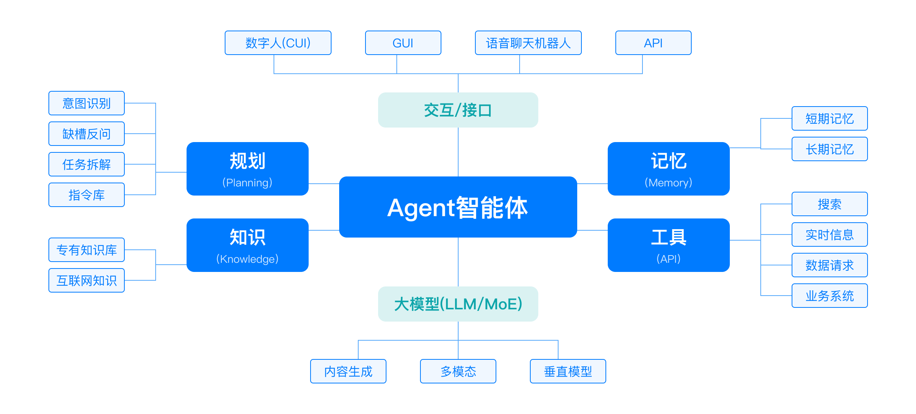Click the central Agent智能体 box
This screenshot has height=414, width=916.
[x=458, y=207]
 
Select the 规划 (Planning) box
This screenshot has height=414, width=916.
[x=248, y=169]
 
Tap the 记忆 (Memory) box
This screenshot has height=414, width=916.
[x=668, y=169]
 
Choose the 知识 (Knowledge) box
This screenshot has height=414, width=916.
[x=248, y=245]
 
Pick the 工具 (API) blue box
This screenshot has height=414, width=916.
[x=668, y=245]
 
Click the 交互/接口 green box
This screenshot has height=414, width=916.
[x=458, y=110]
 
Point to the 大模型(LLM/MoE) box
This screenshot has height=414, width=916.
[x=458, y=304]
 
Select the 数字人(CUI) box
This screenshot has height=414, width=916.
[x=278, y=43]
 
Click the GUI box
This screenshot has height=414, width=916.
[x=403, y=43]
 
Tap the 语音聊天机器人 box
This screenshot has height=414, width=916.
[x=528, y=43]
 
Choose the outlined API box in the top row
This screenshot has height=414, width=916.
[x=654, y=43]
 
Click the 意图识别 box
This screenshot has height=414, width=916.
[x=87, y=103]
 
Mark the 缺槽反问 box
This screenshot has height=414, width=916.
[x=87, y=134]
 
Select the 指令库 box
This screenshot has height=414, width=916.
[x=87, y=195]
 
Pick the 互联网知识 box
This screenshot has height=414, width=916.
[x=87, y=280]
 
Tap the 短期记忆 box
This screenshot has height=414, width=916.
[x=830, y=118]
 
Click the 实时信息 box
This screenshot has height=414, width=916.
[x=830, y=234]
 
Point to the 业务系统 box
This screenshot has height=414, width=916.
[x=830, y=296]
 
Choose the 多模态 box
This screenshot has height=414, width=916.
[x=458, y=371]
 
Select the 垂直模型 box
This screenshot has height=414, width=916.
[x=568, y=371]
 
